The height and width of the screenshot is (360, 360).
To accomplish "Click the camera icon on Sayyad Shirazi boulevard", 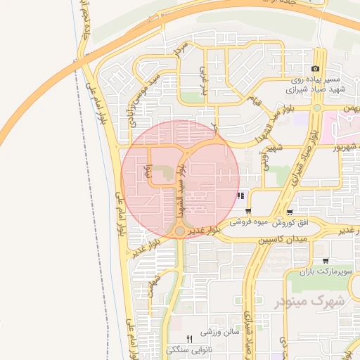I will [x=315, y=69].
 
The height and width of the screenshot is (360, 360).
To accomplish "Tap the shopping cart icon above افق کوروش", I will [x=290, y=212].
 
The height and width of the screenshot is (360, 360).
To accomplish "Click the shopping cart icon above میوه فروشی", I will [x=248, y=211].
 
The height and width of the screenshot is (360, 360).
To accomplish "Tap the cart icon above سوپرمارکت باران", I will [x=324, y=260].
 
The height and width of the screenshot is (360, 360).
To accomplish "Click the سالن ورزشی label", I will [x=221, y=330].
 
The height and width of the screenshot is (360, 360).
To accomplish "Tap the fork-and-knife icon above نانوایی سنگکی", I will [x=188, y=338].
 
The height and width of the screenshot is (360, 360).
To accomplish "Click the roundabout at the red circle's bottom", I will [x=180, y=231].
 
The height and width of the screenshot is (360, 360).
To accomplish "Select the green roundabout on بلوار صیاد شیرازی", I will [x=317, y=108].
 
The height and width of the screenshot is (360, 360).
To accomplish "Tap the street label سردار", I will [x=178, y=51].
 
